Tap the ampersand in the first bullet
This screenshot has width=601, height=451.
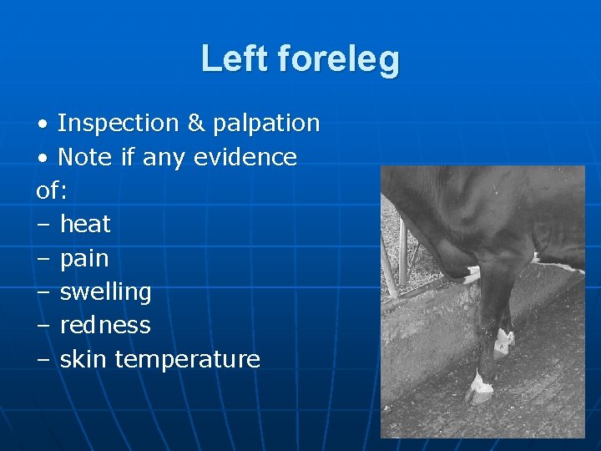196,123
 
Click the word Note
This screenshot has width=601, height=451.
84,157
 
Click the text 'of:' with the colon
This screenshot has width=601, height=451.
52,190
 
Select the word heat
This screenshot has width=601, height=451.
85,224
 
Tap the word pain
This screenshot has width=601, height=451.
84,259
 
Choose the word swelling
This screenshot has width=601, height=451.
105,292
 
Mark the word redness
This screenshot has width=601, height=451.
105,325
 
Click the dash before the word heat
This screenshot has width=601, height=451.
43,225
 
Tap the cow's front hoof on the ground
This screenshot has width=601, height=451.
482,388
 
